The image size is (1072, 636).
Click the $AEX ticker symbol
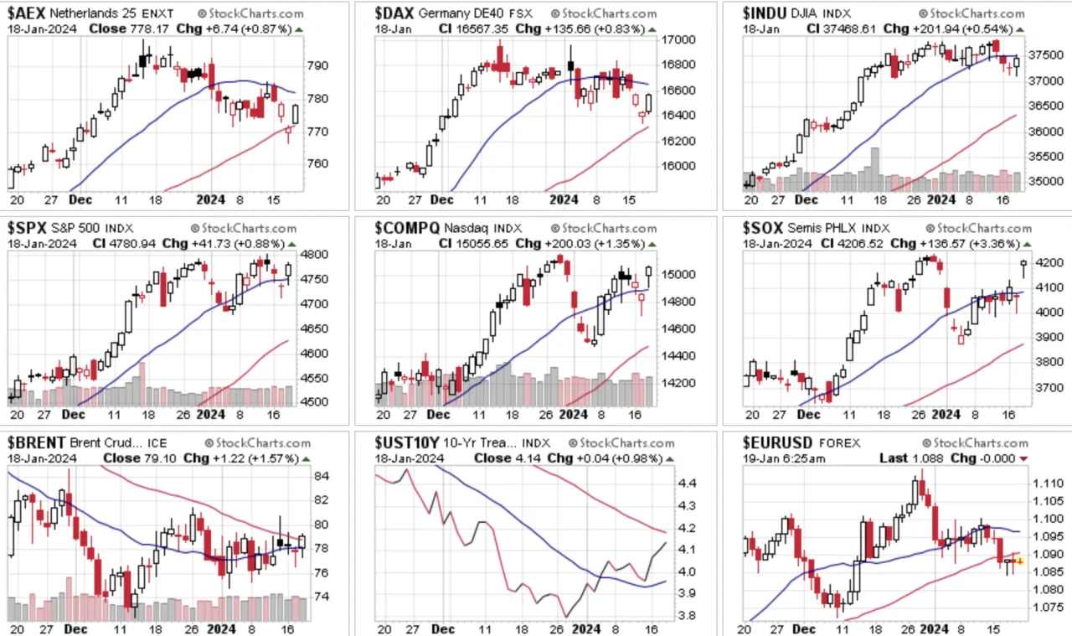[x=27, y=13]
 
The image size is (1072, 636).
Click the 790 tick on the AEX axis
[x=317, y=65]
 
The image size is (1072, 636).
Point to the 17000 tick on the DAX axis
[x=678, y=39]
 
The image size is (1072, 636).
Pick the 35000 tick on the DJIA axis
[x=1046, y=182]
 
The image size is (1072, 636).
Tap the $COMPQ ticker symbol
[x=407, y=228]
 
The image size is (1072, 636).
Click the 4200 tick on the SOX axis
[x=1049, y=263]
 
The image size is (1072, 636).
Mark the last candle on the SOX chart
[x=1023, y=267]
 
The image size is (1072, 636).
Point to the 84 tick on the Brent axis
[x=321, y=477]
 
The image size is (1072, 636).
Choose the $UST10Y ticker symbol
[x=407, y=442]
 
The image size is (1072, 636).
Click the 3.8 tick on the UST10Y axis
[x=687, y=616]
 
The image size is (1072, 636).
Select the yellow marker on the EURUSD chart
[x=1019, y=561]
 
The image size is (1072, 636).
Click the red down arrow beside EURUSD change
[x=1023, y=459]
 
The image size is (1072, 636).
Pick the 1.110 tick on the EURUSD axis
[x=1048, y=483]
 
